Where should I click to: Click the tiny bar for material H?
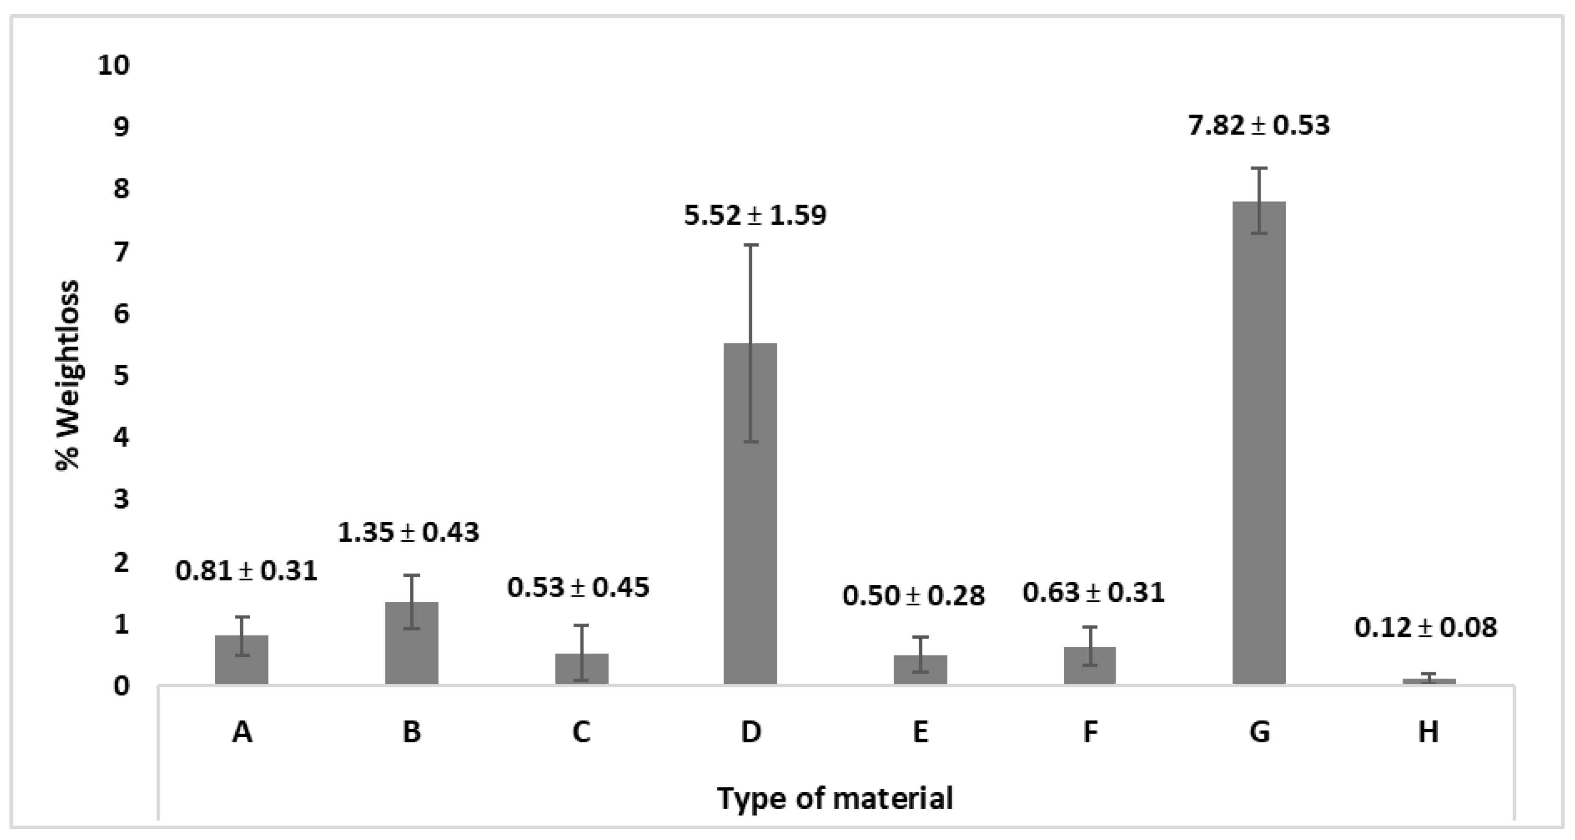click(x=1429, y=680)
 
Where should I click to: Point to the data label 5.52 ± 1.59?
click(x=755, y=215)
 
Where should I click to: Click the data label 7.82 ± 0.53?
click(x=1259, y=125)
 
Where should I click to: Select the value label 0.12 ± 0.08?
click(x=1426, y=628)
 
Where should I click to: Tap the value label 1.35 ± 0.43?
click(x=408, y=533)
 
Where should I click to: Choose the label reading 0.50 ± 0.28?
click(x=913, y=596)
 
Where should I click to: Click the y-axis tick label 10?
click(x=114, y=65)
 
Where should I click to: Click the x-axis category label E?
click(x=920, y=731)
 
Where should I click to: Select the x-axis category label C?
click(x=581, y=731)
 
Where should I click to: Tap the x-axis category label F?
click(x=1090, y=731)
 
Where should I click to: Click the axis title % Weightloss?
click(x=69, y=375)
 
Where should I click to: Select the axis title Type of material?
click(x=835, y=798)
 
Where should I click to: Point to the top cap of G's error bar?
click(x=1259, y=168)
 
